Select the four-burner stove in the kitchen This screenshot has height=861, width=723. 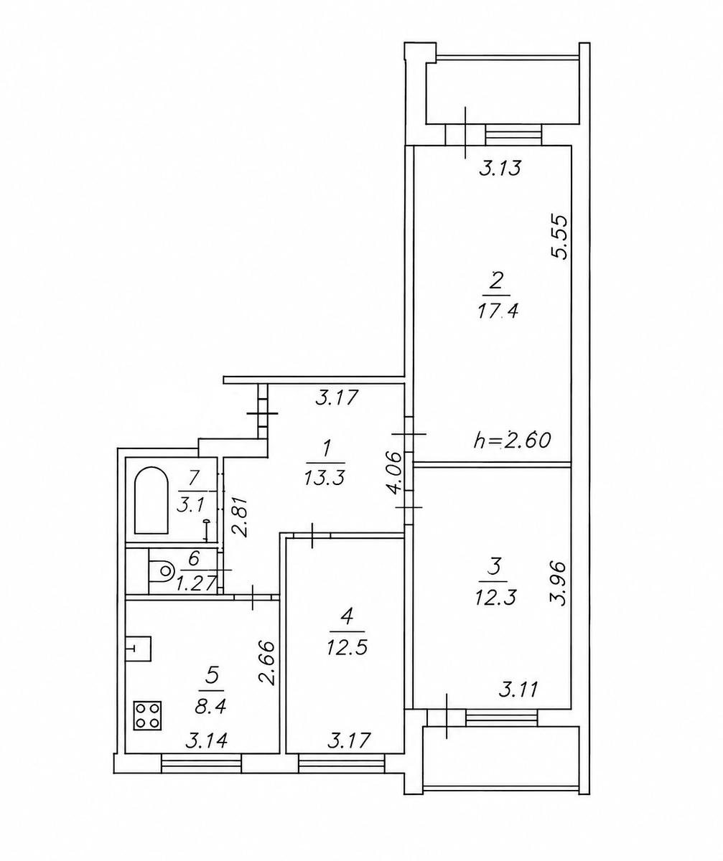tap(147, 715)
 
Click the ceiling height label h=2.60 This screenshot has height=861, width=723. tap(512, 440)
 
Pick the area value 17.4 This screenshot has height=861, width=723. tap(498, 311)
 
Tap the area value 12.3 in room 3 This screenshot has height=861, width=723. tap(495, 598)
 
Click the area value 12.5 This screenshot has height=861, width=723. tap(347, 648)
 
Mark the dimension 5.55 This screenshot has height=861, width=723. tap(561, 236)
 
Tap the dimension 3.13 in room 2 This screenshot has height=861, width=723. tap(500, 168)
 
